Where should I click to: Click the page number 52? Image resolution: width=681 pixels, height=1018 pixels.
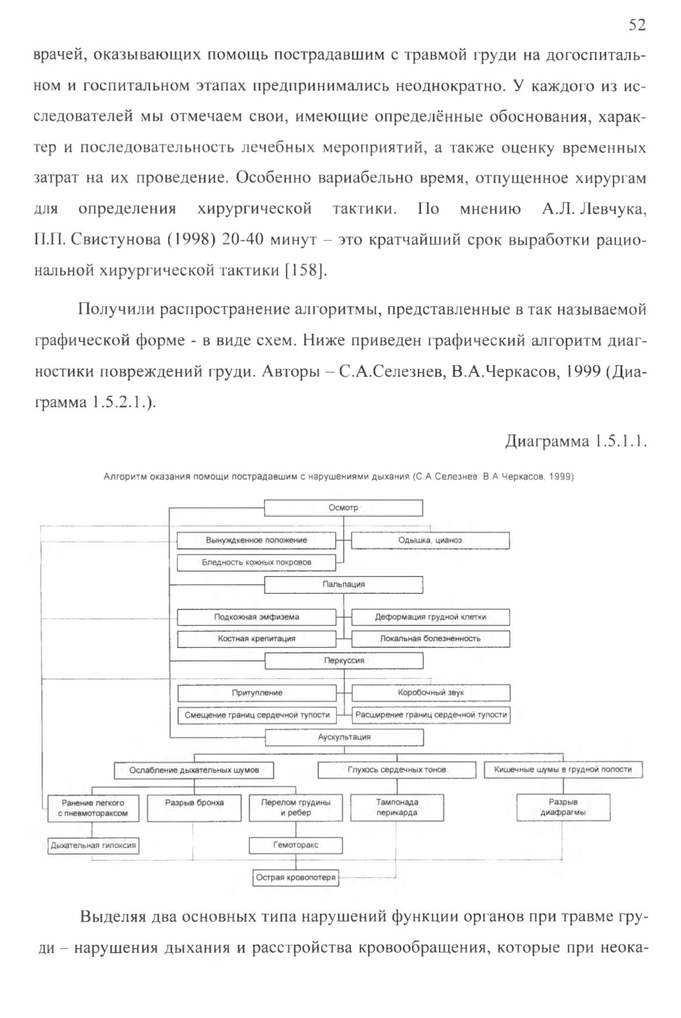(x=637, y=25)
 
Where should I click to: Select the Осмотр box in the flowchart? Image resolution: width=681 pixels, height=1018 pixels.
(x=344, y=508)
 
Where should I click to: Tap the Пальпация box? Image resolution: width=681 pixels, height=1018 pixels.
(x=344, y=585)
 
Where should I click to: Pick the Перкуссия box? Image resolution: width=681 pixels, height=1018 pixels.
(x=344, y=661)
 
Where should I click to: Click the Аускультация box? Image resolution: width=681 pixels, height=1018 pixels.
(x=344, y=737)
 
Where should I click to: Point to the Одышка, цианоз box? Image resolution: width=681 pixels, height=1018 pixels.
(x=430, y=540)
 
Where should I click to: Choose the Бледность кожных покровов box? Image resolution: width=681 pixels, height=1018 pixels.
(x=257, y=562)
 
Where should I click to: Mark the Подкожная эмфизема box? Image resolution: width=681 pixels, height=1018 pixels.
(x=257, y=617)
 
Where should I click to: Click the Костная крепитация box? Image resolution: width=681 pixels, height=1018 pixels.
(x=257, y=639)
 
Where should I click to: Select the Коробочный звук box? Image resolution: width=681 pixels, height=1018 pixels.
(x=431, y=693)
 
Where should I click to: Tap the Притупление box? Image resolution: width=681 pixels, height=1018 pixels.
(x=257, y=693)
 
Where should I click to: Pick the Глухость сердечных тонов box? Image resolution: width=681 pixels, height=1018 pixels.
(x=397, y=770)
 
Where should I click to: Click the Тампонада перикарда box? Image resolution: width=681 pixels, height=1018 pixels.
(x=397, y=807)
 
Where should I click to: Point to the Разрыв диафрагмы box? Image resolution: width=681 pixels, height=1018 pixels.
(x=563, y=807)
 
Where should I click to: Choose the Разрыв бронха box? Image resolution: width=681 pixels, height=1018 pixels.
(x=194, y=808)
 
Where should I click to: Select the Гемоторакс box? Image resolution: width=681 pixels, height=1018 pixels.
(x=296, y=845)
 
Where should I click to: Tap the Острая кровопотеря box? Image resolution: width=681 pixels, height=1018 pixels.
(x=296, y=878)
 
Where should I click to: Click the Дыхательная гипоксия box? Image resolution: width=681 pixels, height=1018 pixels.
(x=93, y=845)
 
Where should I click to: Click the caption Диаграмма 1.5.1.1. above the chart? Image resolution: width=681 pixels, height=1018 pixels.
(x=576, y=441)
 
